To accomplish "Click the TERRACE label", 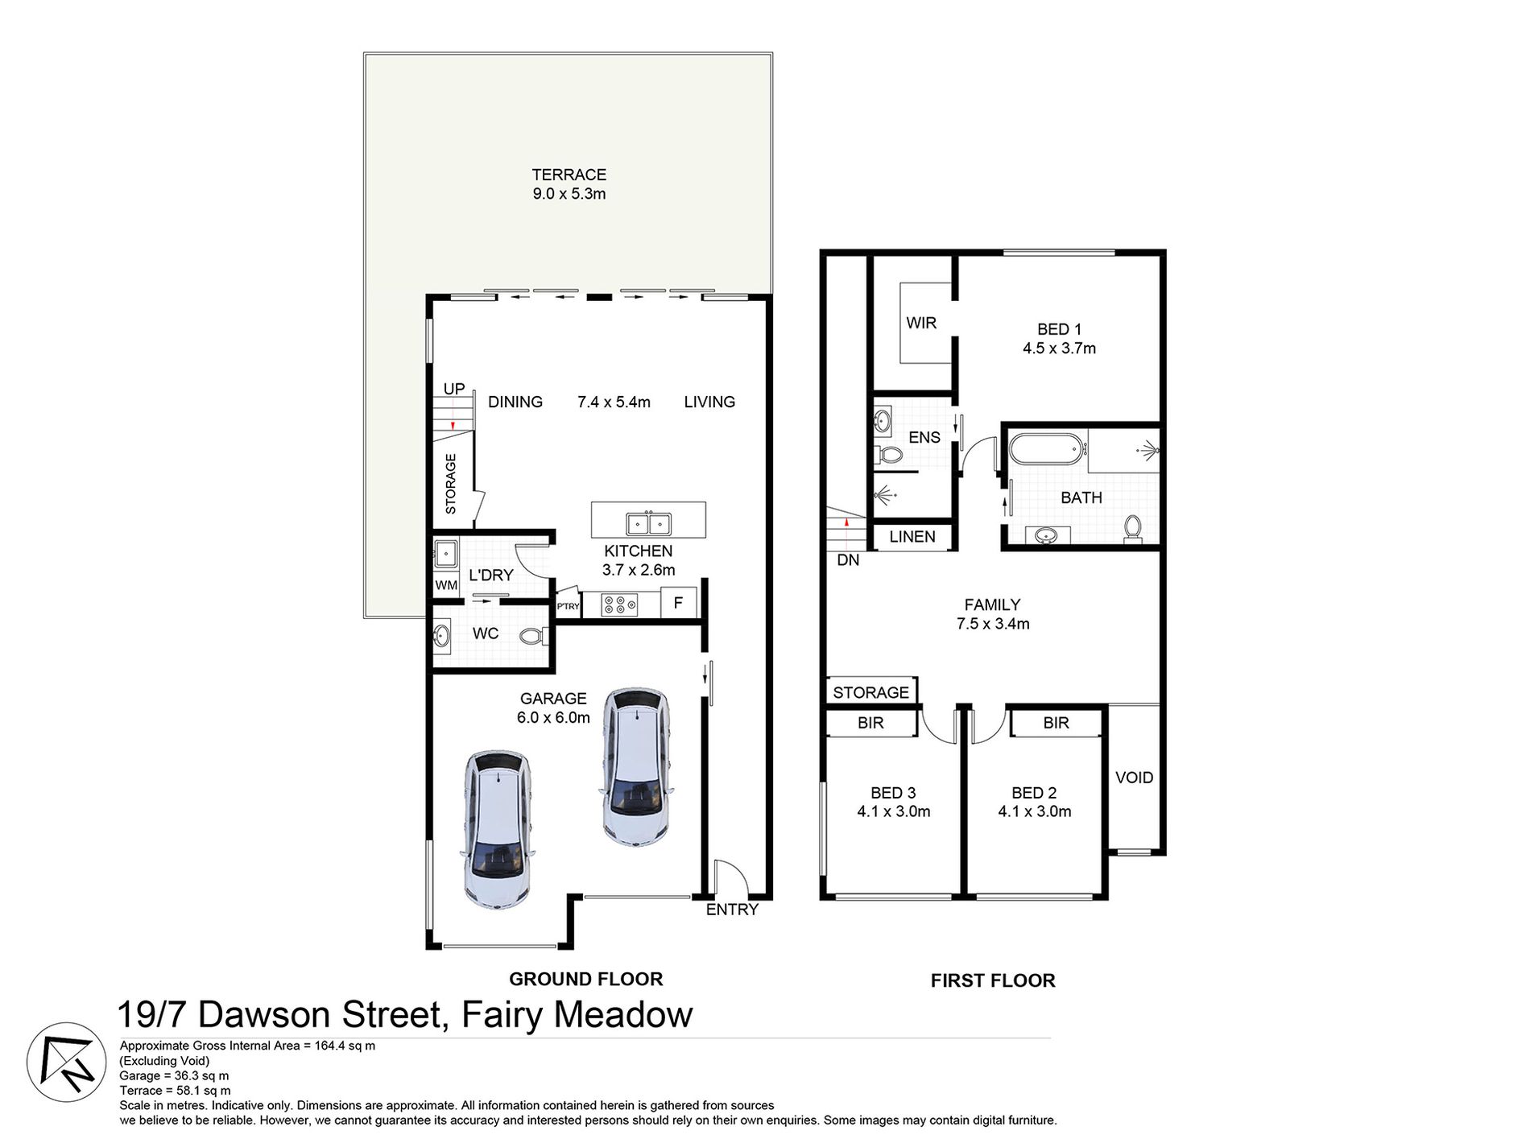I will (569, 175).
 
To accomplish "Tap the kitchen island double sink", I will (649, 524).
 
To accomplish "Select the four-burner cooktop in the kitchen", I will (620, 604).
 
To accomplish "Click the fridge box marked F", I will (678, 603).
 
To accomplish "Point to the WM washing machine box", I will (446, 585).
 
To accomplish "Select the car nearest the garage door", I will (496, 831).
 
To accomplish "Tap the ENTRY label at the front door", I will (732, 910).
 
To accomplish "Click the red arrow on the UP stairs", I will (453, 425).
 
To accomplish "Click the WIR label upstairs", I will (921, 323).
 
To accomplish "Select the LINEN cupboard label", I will (912, 537).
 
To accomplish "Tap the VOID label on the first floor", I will (1134, 778).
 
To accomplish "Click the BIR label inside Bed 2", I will (1056, 723).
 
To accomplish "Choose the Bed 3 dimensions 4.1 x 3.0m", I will (893, 811).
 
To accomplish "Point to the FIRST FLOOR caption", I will (992, 980).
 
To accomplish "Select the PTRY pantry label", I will (568, 606).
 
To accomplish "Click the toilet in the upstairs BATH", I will (1132, 528).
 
